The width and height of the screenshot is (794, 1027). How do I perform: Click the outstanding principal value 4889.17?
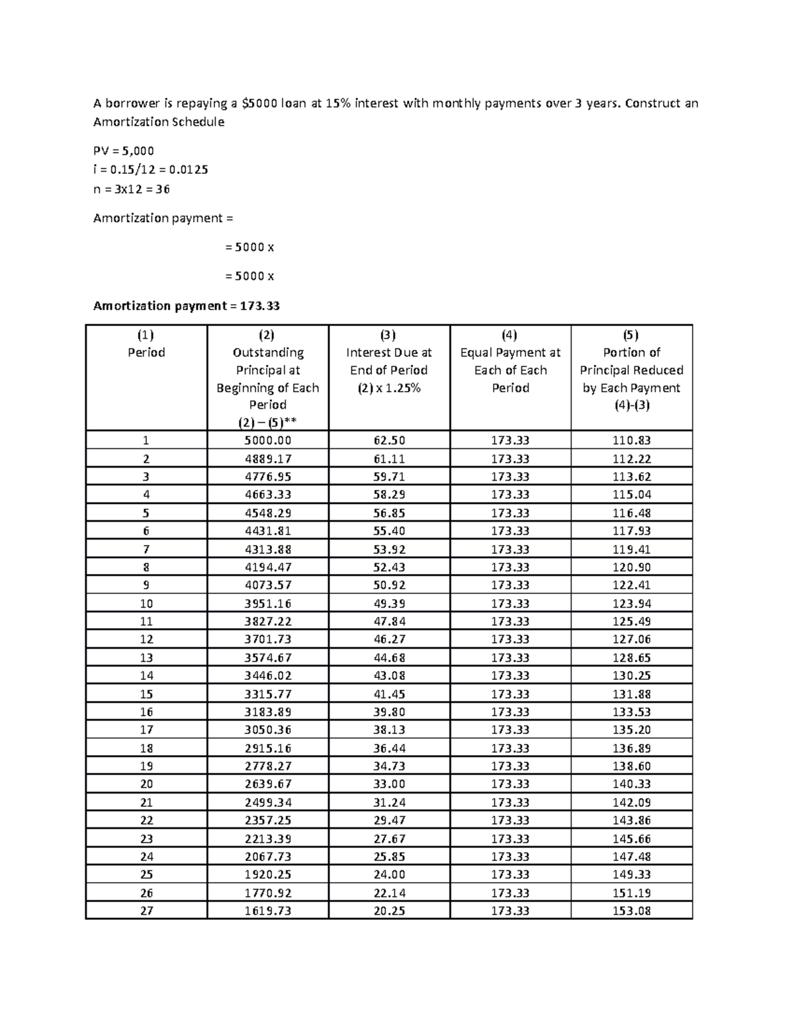click(x=267, y=458)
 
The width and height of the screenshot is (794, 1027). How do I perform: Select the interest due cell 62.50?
click(x=389, y=440)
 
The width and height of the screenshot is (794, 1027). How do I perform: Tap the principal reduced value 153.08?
click(x=631, y=911)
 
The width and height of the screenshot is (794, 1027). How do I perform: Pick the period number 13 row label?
click(x=146, y=657)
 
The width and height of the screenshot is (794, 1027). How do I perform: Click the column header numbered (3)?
click(x=389, y=335)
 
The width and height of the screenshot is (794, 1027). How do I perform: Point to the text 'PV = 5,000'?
click(x=124, y=150)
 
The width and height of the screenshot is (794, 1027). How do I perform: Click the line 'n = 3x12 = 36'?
click(x=131, y=188)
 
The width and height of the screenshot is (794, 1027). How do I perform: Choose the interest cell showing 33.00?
click(x=389, y=784)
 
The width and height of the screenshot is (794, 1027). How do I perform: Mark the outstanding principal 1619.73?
click(x=267, y=911)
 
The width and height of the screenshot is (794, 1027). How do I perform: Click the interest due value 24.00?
click(x=389, y=874)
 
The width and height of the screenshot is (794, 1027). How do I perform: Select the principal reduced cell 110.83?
click(x=631, y=440)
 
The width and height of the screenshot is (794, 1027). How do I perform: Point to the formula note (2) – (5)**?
click(x=267, y=422)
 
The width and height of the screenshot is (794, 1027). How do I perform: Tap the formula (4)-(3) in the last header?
click(x=631, y=405)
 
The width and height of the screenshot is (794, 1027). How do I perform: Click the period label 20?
click(x=146, y=784)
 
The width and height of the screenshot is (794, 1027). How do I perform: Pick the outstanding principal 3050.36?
click(x=267, y=729)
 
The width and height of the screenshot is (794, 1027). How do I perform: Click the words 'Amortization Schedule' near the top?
click(x=159, y=122)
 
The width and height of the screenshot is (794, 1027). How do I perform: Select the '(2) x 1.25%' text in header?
click(x=389, y=388)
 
